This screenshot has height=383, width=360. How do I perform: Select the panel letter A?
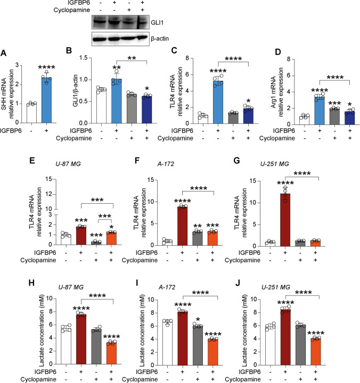pyautogui.click(x=4, y=52)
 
